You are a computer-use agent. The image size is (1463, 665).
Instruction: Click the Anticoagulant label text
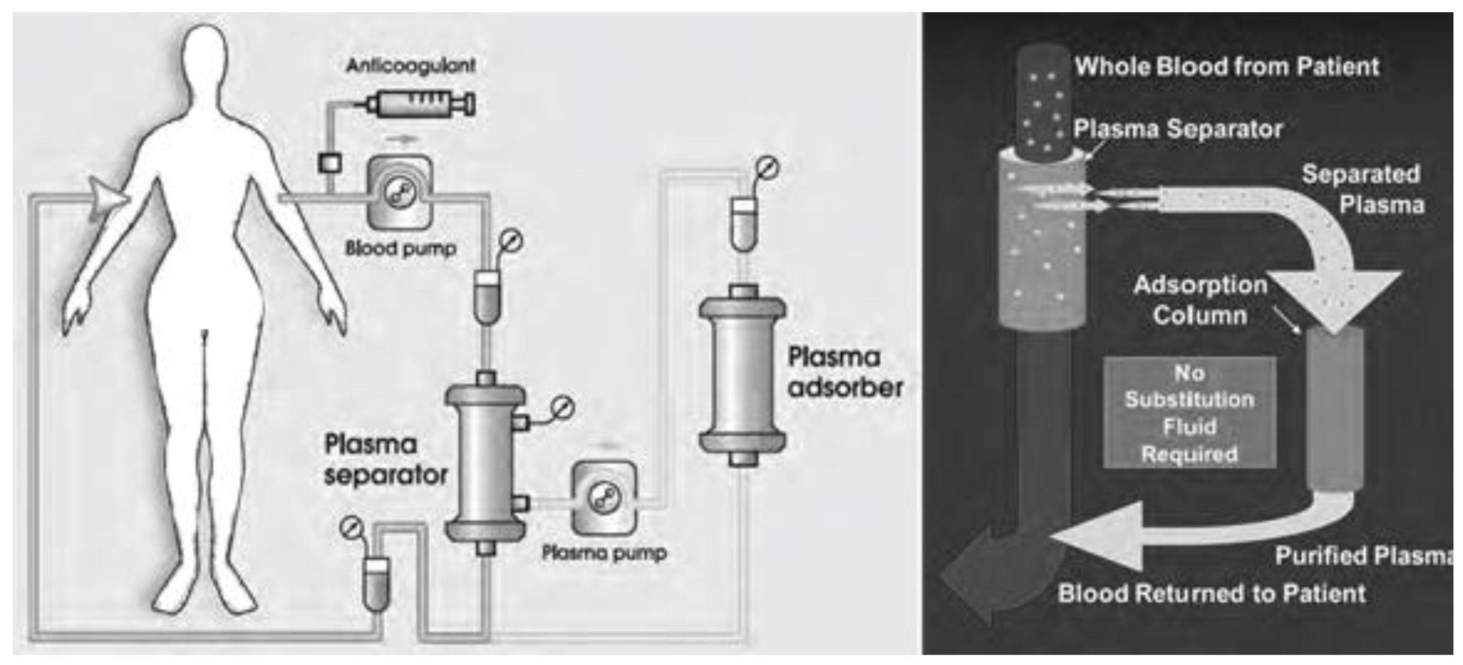pos(411,65)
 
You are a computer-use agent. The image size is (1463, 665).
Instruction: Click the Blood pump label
pos(400,248)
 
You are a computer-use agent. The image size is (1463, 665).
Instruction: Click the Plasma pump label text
pos(604,553)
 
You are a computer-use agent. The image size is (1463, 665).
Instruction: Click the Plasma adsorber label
pos(844,372)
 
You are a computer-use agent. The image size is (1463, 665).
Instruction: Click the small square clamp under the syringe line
pos(329,163)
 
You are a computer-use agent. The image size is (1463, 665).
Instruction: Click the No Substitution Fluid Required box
pos(1189,413)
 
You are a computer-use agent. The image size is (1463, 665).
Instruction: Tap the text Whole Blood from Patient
pos(1227,66)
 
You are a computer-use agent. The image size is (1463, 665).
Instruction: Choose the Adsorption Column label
pos(1199,299)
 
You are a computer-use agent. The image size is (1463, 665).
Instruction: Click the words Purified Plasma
pos(1363,555)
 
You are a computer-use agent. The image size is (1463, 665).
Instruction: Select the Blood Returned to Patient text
pos(1211,593)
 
